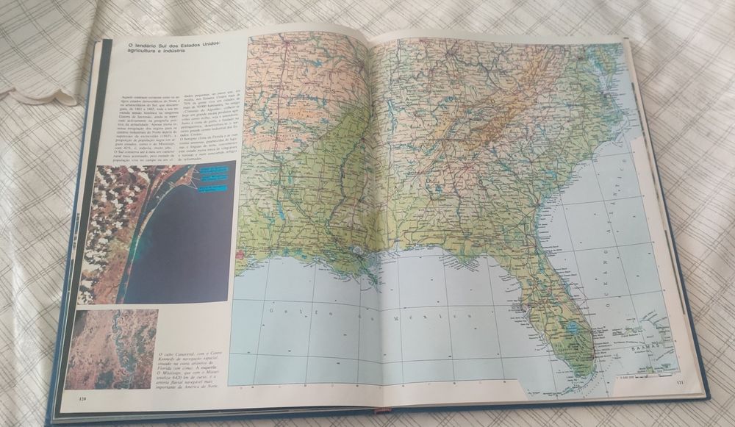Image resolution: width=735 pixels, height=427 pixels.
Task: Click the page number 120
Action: click(82, 398)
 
